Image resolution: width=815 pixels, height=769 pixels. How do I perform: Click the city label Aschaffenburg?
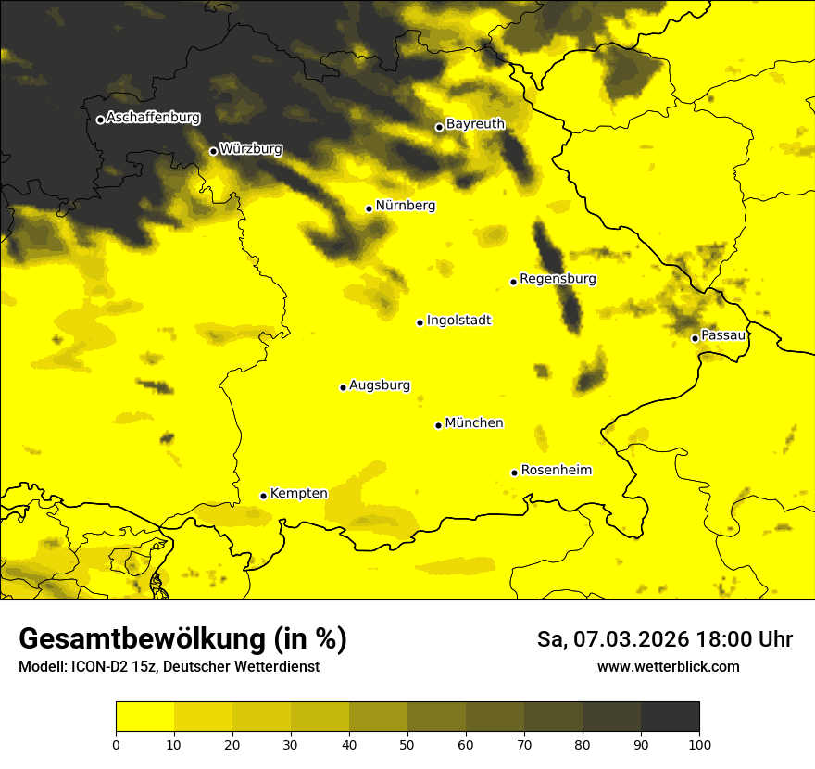153,118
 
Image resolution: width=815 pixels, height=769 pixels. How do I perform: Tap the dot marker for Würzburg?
213,151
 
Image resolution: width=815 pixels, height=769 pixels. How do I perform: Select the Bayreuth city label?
475,124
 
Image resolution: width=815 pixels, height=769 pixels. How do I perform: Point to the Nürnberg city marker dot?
369,208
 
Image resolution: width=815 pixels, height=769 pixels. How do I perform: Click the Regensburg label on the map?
558,279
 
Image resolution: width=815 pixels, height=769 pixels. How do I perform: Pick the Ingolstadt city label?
458,321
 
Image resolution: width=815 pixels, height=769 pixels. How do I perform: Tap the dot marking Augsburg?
343,387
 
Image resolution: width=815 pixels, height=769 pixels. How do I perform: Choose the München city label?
474,423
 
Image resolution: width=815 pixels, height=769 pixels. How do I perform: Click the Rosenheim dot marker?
514,473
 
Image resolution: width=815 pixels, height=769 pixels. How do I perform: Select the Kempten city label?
298,494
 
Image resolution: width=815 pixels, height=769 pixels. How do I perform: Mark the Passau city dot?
695,338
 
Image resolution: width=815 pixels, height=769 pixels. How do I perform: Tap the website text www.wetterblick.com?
668,666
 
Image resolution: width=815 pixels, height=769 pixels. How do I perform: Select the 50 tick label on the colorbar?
407,744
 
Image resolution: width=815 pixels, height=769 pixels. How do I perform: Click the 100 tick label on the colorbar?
699,744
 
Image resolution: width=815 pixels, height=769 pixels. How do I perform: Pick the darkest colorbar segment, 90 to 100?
670,717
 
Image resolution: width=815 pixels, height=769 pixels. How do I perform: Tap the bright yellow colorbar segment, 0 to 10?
144,717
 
